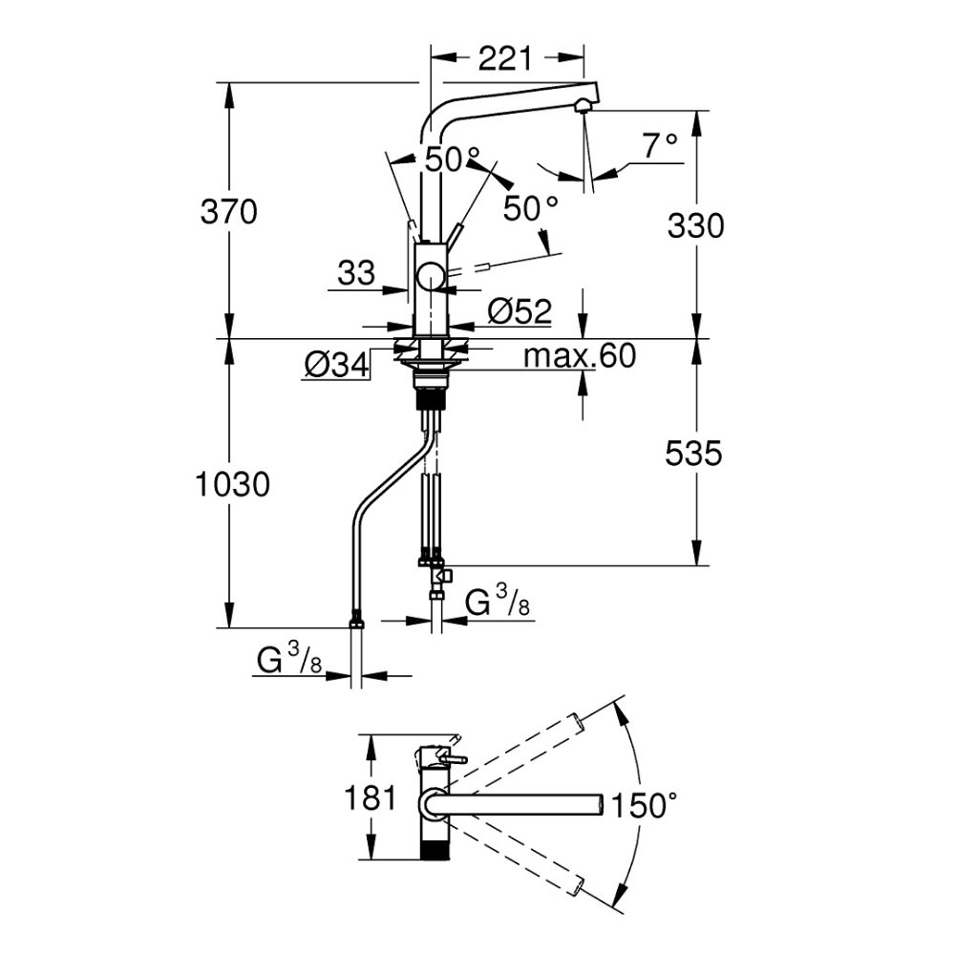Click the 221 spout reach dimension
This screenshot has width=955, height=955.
point(504,59)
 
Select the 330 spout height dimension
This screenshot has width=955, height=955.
point(696,225)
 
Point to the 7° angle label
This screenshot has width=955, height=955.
point(659,145)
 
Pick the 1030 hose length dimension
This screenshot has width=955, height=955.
point(230,485)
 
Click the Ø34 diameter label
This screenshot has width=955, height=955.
point(336,364)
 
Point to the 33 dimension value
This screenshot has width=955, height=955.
point(356,274)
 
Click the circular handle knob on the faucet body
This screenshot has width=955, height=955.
point(430,278)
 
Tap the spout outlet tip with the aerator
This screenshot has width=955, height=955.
point(583,105)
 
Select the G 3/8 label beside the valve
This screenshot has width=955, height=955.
point(496,603)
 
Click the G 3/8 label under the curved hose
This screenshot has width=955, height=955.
point(287,659)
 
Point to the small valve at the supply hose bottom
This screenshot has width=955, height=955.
point(442,576)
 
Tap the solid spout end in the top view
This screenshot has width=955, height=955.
point(598,805)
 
